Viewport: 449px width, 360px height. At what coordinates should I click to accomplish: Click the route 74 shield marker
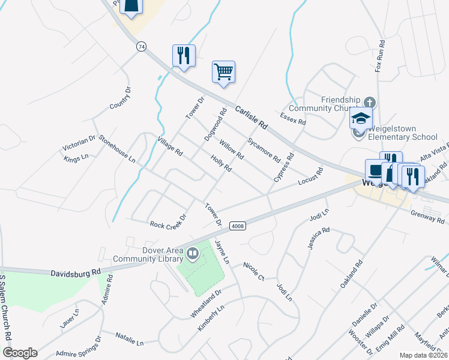click(x=142, y=46)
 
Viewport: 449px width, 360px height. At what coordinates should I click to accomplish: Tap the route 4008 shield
click(x=238, y=226)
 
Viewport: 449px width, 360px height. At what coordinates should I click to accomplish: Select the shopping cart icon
click(x=223, y=72)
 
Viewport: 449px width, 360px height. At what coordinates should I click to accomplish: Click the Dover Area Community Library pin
click(x=193, y=254)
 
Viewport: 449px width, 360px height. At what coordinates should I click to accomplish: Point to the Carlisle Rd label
click(x=251, y=118)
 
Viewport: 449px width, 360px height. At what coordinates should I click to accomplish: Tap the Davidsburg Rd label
click(x=76, y=272)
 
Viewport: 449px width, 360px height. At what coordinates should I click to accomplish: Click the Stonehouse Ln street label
click(x=117, y=149)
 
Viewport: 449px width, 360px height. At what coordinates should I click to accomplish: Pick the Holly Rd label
click(x=221, y=164)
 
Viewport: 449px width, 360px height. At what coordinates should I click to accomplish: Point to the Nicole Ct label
click(x=254, y=271)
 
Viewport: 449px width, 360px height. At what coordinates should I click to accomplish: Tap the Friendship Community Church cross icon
click(x=369, y=102)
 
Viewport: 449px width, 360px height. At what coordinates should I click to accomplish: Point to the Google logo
click(x=20, y=353)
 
